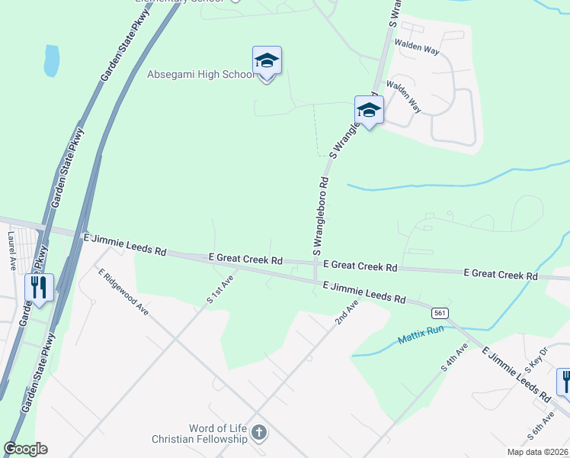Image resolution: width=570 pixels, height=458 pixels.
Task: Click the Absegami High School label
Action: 200,75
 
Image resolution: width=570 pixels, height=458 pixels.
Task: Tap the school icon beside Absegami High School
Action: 267,61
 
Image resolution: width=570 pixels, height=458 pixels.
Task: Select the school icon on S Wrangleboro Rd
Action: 369,111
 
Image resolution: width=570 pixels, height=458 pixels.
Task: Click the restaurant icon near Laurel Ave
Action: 39,288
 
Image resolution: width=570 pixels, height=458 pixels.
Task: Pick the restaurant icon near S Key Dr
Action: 565,381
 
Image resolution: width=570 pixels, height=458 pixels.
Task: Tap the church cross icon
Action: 258,434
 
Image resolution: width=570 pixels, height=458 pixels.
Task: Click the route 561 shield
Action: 438,313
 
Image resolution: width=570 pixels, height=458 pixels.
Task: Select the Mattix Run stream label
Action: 420,334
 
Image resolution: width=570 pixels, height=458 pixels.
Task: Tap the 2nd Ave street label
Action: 346,314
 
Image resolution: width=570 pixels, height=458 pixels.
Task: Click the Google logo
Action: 25,449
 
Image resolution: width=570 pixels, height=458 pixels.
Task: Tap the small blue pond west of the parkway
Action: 52,61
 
